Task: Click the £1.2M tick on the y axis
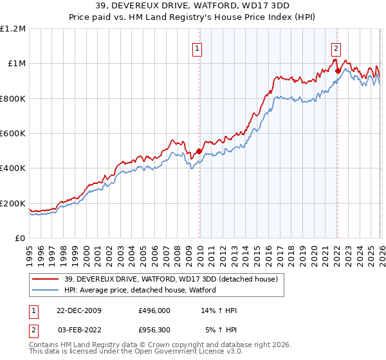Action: [x=14, y=29]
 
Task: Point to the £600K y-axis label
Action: [x=14, y=134]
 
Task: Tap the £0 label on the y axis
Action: [x=21, y=239]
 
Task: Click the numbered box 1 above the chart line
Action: [x=196, y=47]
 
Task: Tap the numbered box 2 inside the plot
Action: [x=336, y=47]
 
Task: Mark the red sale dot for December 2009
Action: [x=199, y=152]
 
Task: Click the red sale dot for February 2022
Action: [x=337, y=71]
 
